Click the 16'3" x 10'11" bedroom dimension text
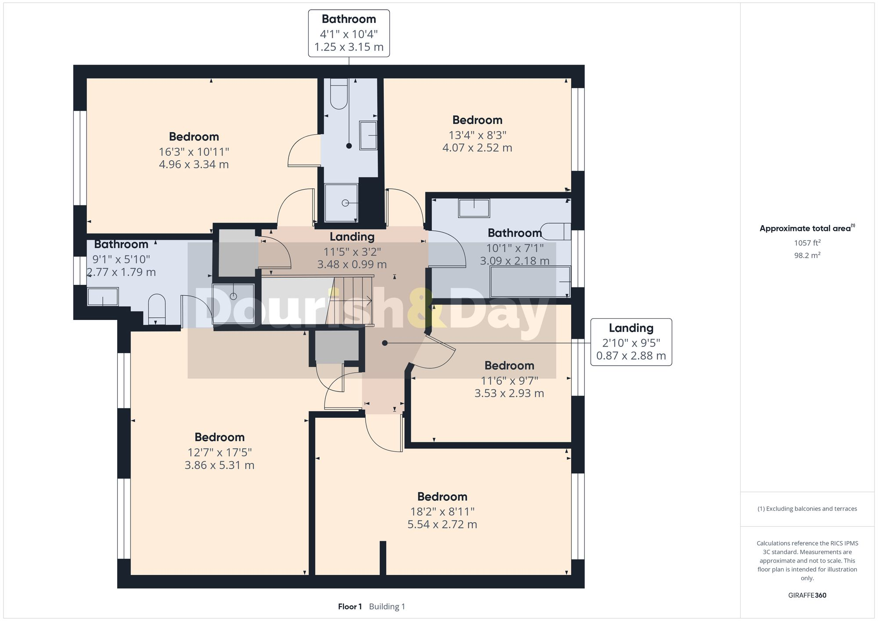[194, 152]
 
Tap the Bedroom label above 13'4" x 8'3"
[477, 120]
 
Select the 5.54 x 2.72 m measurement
[442, 524]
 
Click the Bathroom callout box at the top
[349, 33]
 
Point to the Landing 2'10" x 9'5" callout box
[631, 342]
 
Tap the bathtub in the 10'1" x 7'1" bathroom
[529, 282]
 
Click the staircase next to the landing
[351, 301]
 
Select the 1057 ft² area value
[807, 243]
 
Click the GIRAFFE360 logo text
[807, 595]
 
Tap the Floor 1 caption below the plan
[350, 607]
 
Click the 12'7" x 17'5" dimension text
[219, 452]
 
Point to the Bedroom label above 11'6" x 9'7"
[509, 366]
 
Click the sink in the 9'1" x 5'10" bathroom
[103, 296]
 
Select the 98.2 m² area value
[807, 255]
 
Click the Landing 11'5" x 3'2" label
[352, 237]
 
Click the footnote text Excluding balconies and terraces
[807, 509]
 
